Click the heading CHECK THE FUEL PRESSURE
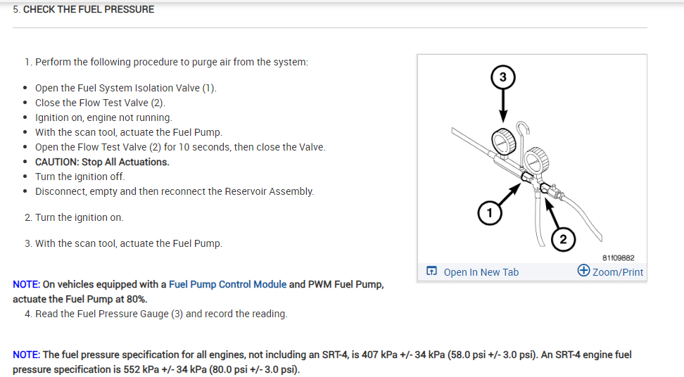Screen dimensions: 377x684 (89, 10)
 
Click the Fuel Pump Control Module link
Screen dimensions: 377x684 (227, 284)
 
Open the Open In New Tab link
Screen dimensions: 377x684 (481, 272)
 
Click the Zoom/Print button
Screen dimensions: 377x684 (617, 272)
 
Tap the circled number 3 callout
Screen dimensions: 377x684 (502, 77)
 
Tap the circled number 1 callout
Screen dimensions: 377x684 (490, 211)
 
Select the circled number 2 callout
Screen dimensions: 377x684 (562, 239)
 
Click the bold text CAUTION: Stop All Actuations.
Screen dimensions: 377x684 (102, 162)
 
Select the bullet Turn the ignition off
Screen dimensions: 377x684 (80, 177)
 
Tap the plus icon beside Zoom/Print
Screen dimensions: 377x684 (583, 271)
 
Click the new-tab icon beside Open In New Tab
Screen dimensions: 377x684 (432, 271)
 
